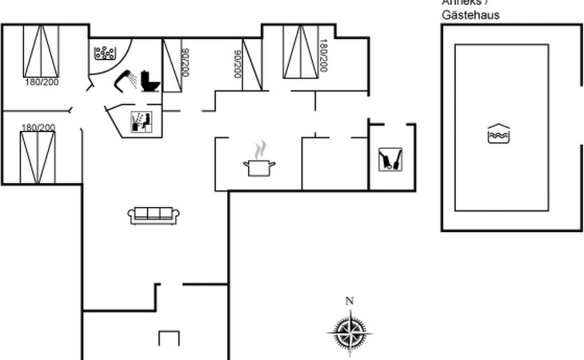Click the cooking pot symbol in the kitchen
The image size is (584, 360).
(259, 166)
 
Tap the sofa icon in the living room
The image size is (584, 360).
(154, 214)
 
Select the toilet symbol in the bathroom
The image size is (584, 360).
(150, 81)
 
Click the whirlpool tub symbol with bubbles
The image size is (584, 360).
(105, 53)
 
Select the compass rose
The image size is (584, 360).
(349, 331)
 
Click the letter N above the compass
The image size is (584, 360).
(349, 301)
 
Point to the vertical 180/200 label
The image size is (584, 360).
(323, 55)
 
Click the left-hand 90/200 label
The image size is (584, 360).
(186, 62)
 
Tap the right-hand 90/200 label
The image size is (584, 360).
(238, 63)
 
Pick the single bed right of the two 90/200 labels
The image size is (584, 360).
(252, 64)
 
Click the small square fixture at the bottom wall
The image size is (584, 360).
(169, 338)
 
